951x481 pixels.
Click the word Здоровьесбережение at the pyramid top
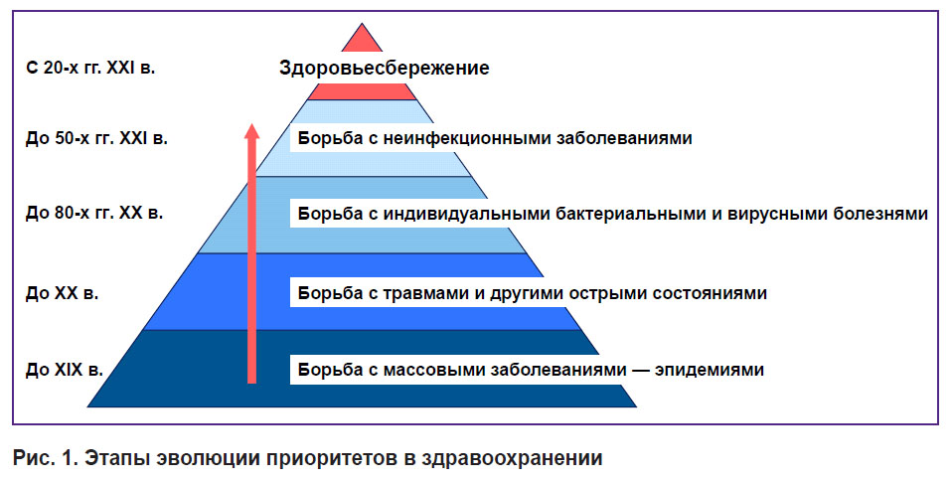point(384,68)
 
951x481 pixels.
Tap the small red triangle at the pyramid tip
point(362,39)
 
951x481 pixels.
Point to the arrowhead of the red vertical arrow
point(251,130)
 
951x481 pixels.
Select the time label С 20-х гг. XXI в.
point(90,68)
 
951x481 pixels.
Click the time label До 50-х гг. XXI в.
point(96,138)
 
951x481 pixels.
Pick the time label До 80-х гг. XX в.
point(94,213)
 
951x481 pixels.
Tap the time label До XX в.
point(62,293)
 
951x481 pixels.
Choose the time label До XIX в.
point(65,369)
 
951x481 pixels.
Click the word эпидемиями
point(709,370)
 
